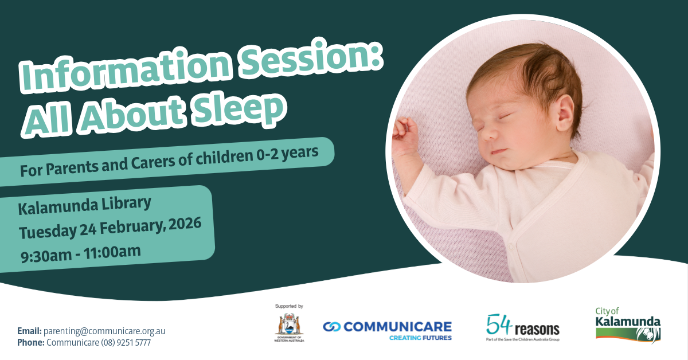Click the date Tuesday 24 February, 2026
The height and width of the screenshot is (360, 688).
point(110,228)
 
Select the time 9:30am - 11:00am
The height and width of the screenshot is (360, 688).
point(80,251)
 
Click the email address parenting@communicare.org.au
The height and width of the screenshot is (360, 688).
point(104,331)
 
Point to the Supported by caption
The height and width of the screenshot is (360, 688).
point(289,307)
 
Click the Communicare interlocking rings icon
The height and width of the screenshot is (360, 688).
point(332,327)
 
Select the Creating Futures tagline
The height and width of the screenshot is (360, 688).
point(420,338)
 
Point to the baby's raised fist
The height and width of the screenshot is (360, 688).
point(405,135)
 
